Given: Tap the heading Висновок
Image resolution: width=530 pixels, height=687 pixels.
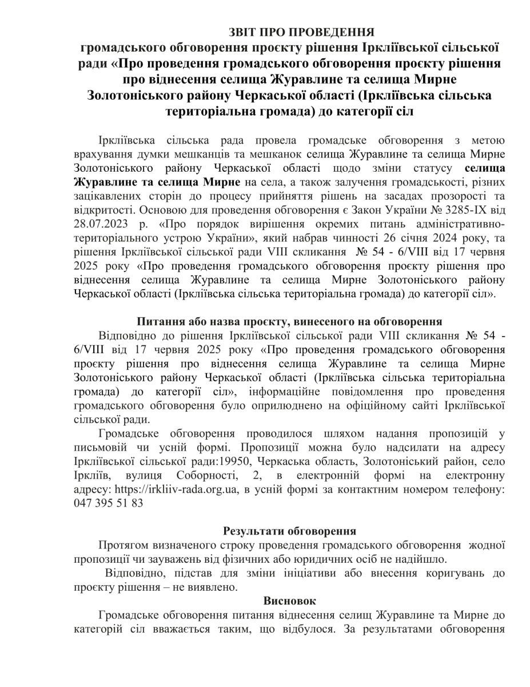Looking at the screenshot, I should point(290,601).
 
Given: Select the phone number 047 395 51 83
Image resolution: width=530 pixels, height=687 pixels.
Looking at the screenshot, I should point(109,504).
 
